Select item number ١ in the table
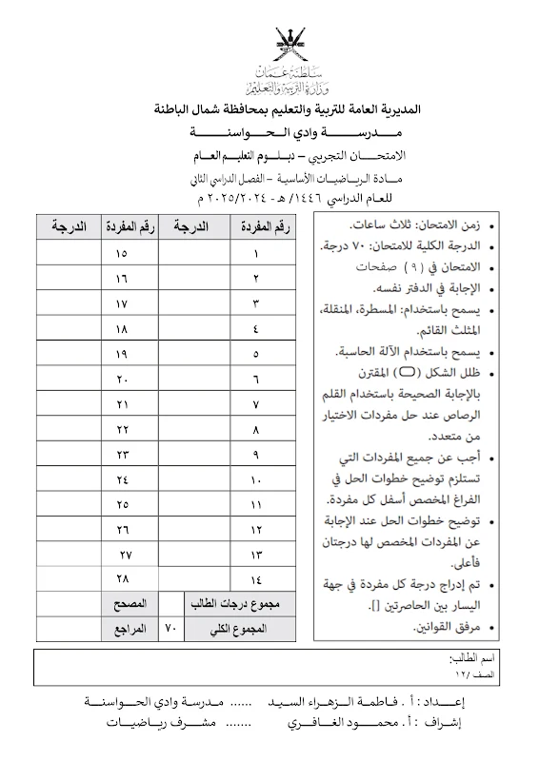click(x=256, y=254)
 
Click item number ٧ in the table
click(x=256, y=404)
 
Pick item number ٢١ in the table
click(x=122, y=404)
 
